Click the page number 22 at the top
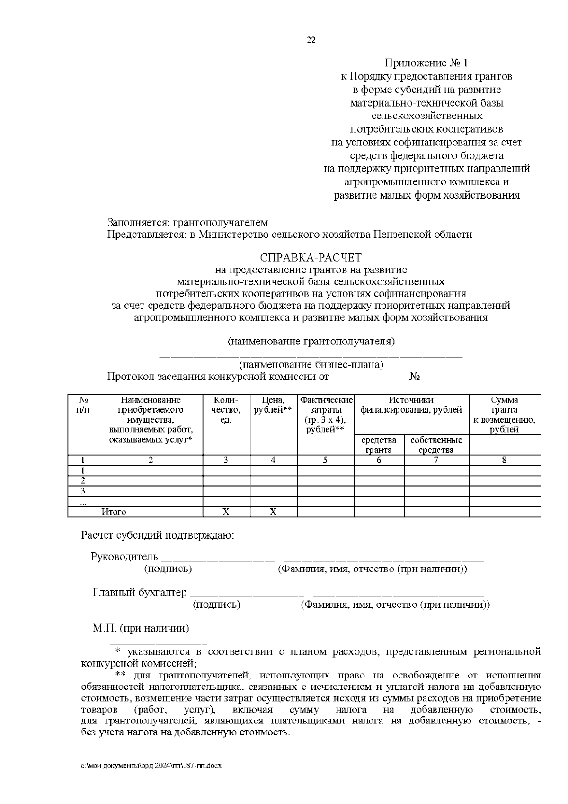tap(311, 40)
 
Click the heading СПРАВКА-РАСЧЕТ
tap(311, 258)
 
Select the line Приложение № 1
tap(426, 63)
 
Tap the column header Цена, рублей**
tap(273, 405)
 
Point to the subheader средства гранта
tap(379, 445)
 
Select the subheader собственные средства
tap(436, 445)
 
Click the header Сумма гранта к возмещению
tap(504, 415)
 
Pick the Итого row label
tap(114, 512)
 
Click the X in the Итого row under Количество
tap(226, 512)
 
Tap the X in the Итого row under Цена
tap(273, 512)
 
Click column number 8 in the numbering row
tap(504, 460)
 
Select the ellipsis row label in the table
tap(83, 501)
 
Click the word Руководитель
tap(123, 557)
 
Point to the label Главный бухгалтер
tap(140, 593)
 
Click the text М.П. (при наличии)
tap(141, 629)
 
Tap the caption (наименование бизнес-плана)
tap(311, 365)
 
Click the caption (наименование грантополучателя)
tap(311, 341)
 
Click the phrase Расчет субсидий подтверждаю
tap(158, 535)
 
